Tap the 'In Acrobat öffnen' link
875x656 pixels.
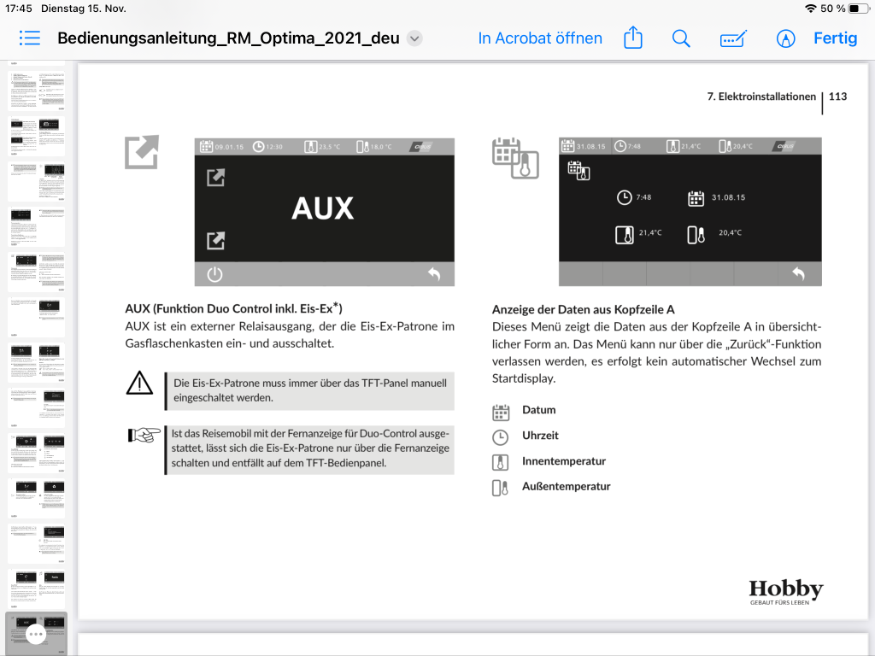(540, 38)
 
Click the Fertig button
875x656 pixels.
(835, 38)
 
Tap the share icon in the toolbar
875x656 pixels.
(632, 38)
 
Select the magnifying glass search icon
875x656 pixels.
(681, 38)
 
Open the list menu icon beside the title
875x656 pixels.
(30, 38)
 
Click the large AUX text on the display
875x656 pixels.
(322, 208)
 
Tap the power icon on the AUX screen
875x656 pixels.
(214, 274)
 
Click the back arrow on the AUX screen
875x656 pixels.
(434, 274)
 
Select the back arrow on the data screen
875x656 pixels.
(798, 273)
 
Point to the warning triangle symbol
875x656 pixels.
(139, 384)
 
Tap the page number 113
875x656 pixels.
(837, 97)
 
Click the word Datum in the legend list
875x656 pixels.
(539, 410)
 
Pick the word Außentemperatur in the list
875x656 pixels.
(567, 487)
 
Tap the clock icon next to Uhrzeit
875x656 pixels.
(501, 436)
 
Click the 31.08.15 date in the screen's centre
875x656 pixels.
(728, 197)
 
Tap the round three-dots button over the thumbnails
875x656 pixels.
(36, 634)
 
